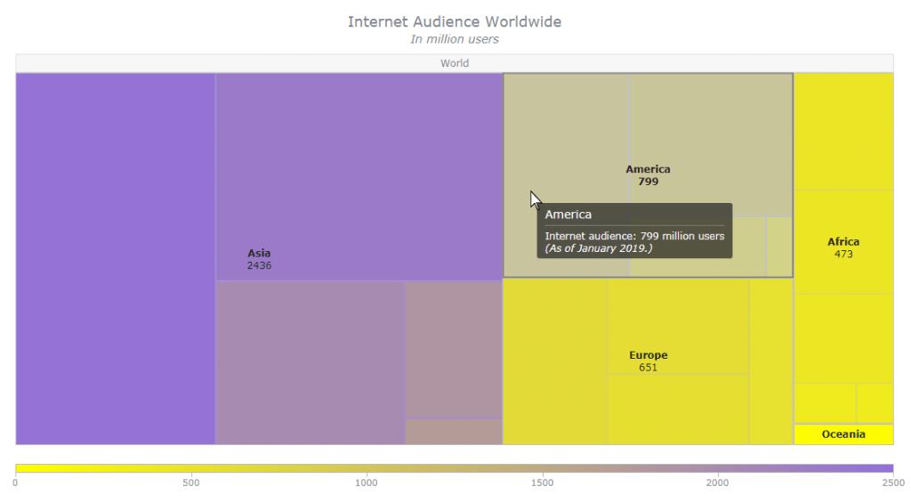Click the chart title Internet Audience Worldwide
[x=454, y=21]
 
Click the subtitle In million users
[x=454, y=39]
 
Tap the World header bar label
[x=454, y=63]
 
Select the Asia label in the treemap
[x=259, y=253]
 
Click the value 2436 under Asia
[x=259, y=265]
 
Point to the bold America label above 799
[x=648, y=169]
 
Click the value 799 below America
[x=648, y=182]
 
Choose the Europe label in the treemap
[x=648, y=355]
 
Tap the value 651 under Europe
[x=648, y=367]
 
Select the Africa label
[x=842, y=242]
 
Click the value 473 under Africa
[x=842, y=254]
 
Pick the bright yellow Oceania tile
[x=842, y=434]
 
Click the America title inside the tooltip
[x=568, y=215]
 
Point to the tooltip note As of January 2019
[x=598, y=248]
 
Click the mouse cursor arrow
[x=535, y=199]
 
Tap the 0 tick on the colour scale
[x=15, y=483]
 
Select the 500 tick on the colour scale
[x=190, y=483]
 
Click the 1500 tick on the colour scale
[x=542, y=483]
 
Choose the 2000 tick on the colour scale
[x=717, y=483]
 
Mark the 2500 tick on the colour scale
[x=891, y=483]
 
